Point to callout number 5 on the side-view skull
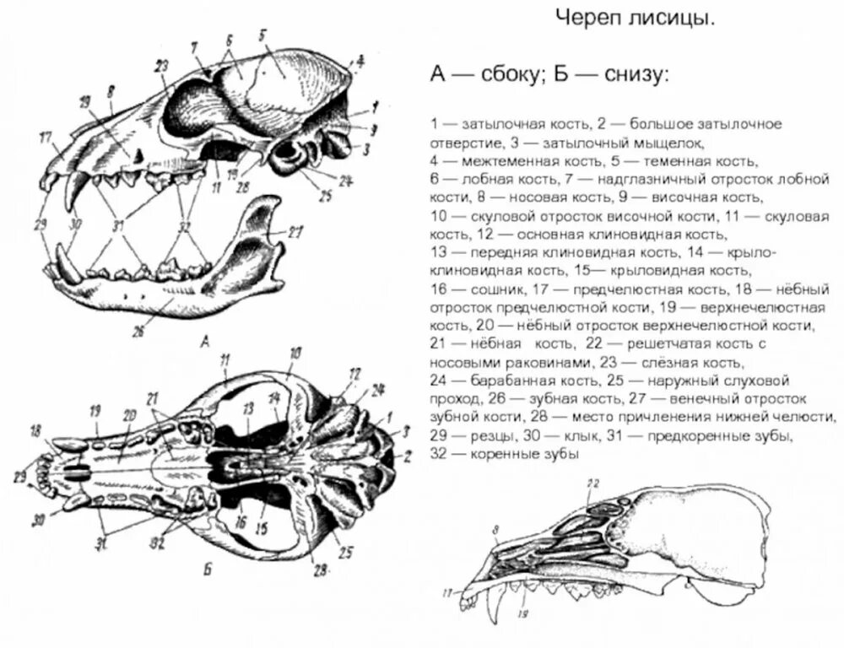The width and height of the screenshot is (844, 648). click(262, 35)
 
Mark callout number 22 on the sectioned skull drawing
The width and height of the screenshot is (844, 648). click(592, 483)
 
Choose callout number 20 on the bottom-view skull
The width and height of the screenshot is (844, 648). click(129, 415)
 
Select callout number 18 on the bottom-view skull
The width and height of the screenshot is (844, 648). click(35, 432)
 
